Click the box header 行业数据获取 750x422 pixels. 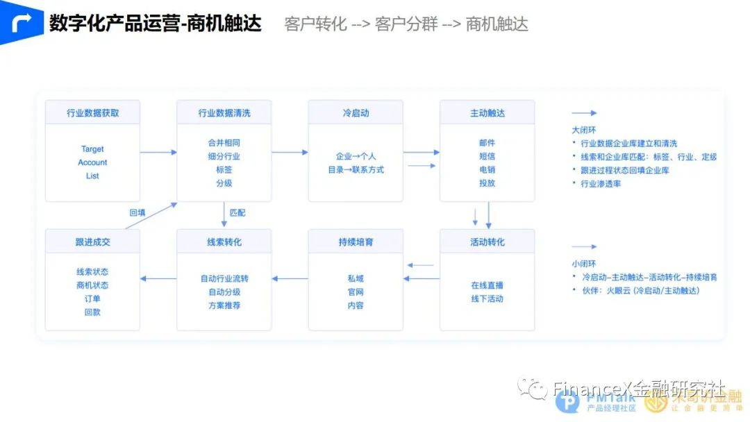(x=92, y=112)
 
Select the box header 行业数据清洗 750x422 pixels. (x=224, y=112)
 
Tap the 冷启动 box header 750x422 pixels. (x=356, y=112)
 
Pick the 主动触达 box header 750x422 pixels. (x=487, y=112)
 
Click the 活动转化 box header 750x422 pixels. (x=487, y=242)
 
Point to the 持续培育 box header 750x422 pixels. (x=356, y=242)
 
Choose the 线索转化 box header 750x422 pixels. (x=224, y=242)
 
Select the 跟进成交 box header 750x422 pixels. (x=92, y=242)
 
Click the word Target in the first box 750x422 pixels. (x=92, y=149)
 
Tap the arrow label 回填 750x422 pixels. (x=137, y=212)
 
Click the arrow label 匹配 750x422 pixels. (x=237, y=212)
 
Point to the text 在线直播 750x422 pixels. (x=487, y=285)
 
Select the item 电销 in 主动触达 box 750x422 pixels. (x=487, y=169)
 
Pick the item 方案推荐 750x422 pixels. (x=224, y=305)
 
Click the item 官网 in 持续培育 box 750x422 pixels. (x=356, y=292)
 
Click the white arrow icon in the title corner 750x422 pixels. (x=22, y=23)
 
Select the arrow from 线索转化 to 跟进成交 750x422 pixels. (x=158, y=279)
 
